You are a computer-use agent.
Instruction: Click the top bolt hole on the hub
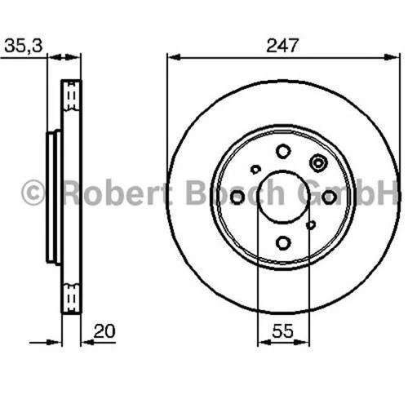[x=283, y=151]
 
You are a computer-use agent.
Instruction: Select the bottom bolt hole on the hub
[x=283, y=242]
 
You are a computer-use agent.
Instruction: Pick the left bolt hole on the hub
[x=237, y=197]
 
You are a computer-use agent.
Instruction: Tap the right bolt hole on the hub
[x=329, y=197]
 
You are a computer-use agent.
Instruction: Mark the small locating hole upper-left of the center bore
[x=255, y=170]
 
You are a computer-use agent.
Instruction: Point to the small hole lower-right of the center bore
[x=310, y=224]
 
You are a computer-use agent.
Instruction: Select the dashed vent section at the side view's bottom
[x=72, y=297]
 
